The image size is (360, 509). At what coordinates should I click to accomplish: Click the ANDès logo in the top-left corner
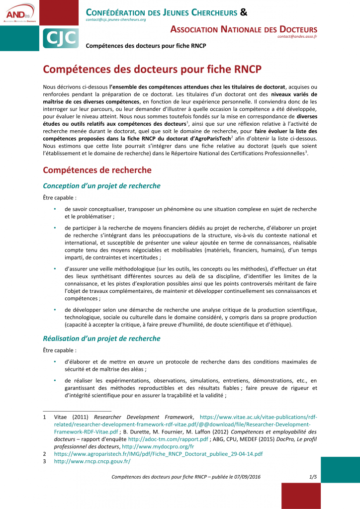click(19, 13)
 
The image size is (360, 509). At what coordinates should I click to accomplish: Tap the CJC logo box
click(59, 37)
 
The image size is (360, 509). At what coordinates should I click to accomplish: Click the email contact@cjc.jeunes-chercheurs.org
click(115, 19)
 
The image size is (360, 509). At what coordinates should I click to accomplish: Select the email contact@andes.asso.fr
click(297, 36)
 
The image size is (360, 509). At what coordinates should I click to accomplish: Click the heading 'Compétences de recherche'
click(97, 170)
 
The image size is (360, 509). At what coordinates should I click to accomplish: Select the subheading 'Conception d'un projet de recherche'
click(101, 186)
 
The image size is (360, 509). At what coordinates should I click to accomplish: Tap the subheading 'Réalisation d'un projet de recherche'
click(101, 339)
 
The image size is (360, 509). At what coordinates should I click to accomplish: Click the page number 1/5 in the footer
click(313, 477)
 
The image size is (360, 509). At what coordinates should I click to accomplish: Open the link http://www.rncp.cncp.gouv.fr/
click(92, 461)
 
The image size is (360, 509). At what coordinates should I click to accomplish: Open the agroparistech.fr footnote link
click(158, 454)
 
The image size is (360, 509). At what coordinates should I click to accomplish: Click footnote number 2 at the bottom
click(45, 454)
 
